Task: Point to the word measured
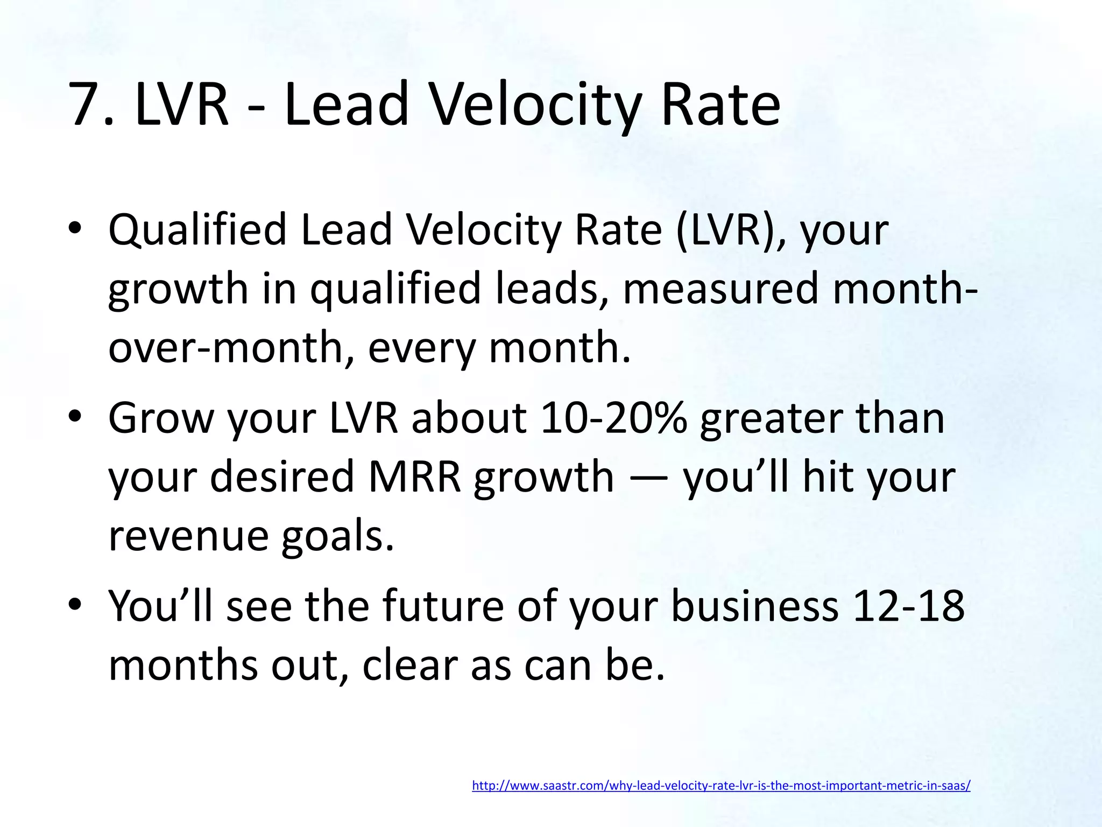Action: [x=721, y=289]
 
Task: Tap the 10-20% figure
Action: [x=613, y=418]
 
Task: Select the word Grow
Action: [x=160, y=418]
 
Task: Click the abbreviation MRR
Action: [x=414, y=477]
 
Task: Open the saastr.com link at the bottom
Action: [x=721, y=786]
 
